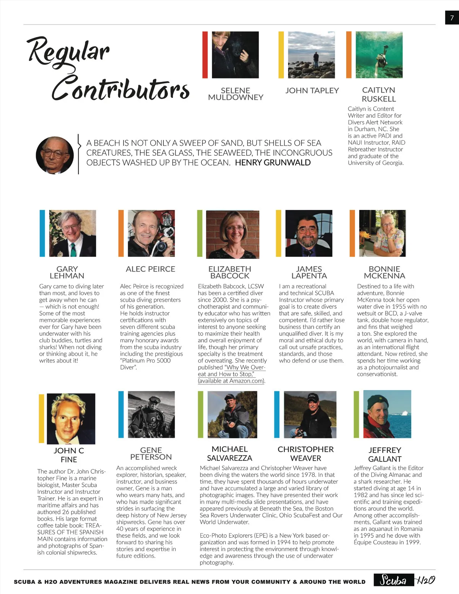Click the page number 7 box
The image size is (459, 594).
(x=452, y=18)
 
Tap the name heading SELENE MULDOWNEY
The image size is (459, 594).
(x=235, y=94)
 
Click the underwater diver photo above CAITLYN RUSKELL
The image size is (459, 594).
(x=379, y=55)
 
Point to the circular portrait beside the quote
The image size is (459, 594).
(x=55, y=155)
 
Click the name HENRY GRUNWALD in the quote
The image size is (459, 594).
(x=272, y=163)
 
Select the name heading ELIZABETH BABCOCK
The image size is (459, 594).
(x=229, y=272)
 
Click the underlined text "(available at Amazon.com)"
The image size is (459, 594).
(x=231, y=381)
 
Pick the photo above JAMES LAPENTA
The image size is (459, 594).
(x=309, y=233)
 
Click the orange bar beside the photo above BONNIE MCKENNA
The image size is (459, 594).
(x=352, y=233)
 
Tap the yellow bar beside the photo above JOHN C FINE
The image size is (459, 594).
(x=41, y=418)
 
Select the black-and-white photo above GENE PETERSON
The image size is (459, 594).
(x=151, y=414)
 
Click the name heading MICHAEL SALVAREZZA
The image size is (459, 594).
(x=229, y=453)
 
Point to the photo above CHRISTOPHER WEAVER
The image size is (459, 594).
(x=310, y=414)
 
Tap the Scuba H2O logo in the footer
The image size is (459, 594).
(x=404, y=580)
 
